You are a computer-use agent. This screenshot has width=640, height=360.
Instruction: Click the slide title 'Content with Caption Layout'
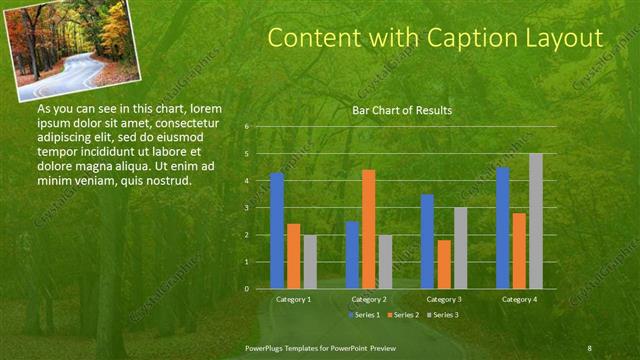[436, 38]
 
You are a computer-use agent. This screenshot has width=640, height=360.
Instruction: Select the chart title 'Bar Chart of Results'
[401, 110]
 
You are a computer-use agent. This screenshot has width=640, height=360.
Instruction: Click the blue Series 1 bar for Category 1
[277, 231]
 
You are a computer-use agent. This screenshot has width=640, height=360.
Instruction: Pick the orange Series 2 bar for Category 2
[368, 229]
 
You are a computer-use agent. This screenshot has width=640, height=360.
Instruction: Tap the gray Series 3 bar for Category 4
[536, 221]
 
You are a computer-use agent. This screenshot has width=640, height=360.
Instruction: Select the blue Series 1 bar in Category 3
[427, 241]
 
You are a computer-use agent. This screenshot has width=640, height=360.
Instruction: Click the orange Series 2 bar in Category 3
[444, 264]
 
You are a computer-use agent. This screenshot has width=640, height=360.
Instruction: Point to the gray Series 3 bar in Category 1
[310, 261]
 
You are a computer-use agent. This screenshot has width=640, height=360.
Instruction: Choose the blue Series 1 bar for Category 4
[502, 228]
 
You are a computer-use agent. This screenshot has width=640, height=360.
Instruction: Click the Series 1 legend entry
[365, 315]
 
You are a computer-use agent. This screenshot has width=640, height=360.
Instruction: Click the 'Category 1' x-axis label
[293, 299]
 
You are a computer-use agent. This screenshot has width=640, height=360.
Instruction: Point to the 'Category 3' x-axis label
[443, 299]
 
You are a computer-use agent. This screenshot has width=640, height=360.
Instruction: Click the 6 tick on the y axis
[246, 127]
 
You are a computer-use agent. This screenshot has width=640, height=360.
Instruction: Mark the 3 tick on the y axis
[246, 208]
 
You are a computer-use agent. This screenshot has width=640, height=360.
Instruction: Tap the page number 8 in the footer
[589, 347]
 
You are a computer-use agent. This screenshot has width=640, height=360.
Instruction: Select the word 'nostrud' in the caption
[166, 180]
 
